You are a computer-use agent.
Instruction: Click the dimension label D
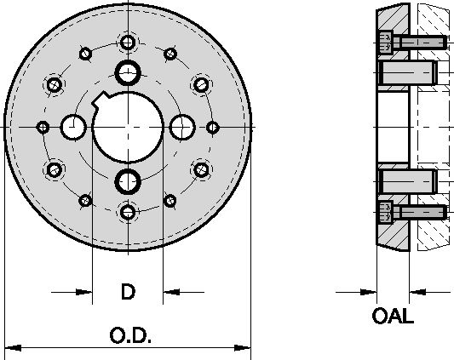(x=127, y=292)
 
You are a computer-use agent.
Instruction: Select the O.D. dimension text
(x=130, y=336)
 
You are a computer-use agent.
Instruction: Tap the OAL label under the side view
(x=393, y=317)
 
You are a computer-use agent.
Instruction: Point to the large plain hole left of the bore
(x=73, y=127)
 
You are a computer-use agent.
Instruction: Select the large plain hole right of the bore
(x=181, y=127)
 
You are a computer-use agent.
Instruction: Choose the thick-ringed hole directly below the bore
(x=128, y=180)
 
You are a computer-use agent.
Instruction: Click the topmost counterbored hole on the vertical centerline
(x=128, y=42)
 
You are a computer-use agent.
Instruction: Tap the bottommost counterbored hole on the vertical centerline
(x=128, y=211)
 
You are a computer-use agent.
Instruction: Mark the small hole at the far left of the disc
(x=42, y=127)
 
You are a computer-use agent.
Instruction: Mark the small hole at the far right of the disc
(x=213, y=127)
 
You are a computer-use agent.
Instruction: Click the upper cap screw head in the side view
(x=385, y=41)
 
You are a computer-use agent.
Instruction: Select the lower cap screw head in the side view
(x=385, y=210)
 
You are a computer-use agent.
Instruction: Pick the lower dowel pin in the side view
(x=405, y=180)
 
